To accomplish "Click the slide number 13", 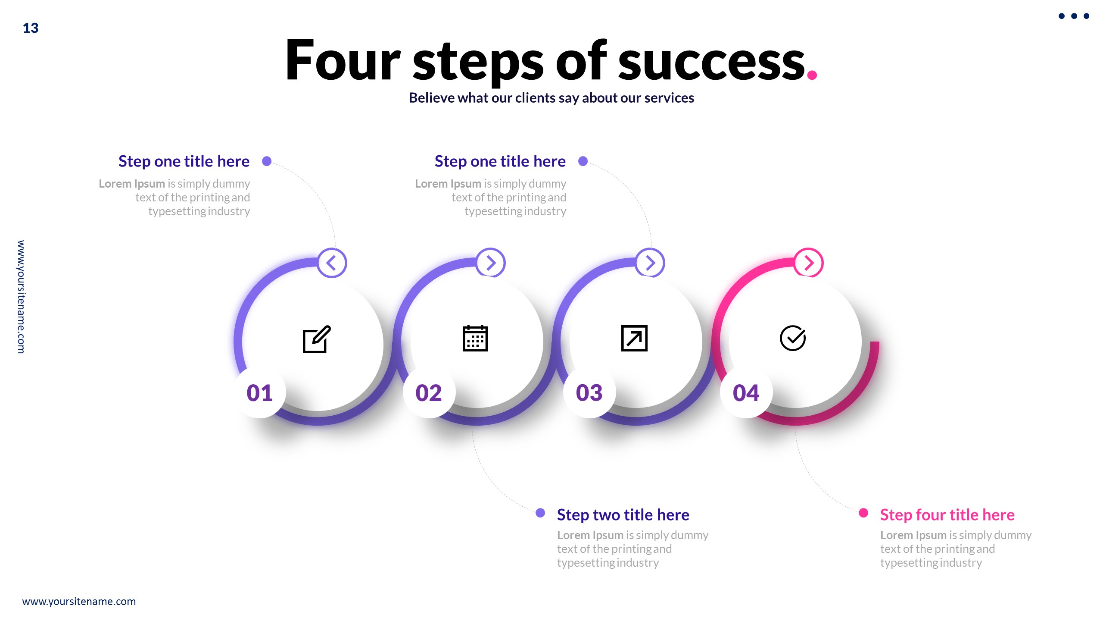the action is (31, 28).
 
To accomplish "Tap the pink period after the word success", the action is (812, 75).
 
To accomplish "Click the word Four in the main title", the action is (343, 60).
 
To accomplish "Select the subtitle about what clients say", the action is (551, 98).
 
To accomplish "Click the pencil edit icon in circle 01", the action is (317, 339).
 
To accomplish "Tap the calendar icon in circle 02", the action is (475, 339).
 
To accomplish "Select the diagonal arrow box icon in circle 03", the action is (634, 339).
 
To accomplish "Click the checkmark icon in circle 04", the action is (793, 338).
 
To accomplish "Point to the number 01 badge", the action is (260, 392).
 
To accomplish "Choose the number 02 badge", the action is (429, 392).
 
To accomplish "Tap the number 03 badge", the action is (589, 392).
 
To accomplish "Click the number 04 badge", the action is (746, 392).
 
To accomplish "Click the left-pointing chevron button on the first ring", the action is (332, 263).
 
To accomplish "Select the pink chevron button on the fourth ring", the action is (809, 263).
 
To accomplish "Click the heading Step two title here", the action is (623, 514).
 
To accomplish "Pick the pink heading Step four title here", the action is (947, 514).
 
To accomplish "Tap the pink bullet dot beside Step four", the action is (863, 513).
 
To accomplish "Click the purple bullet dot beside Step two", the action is (540, 513).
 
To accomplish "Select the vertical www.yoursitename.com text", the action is (21, 297).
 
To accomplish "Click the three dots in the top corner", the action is (1074, 16).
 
